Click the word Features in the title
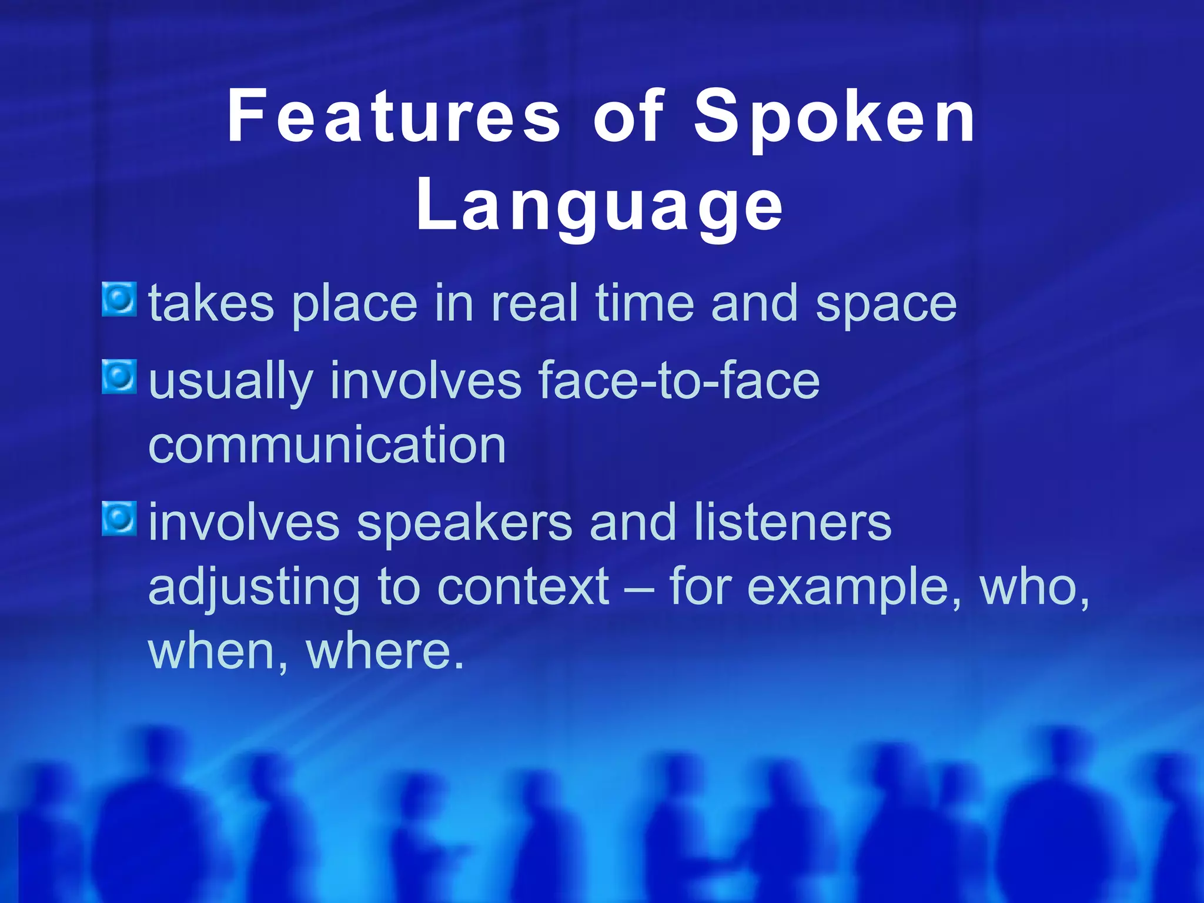393,116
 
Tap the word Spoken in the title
835,116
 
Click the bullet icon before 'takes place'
119,299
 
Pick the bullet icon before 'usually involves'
119,376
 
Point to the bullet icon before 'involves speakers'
119,519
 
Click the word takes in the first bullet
211,303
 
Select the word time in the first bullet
644,303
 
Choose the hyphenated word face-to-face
678,381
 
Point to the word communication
327,445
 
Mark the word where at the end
385,651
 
